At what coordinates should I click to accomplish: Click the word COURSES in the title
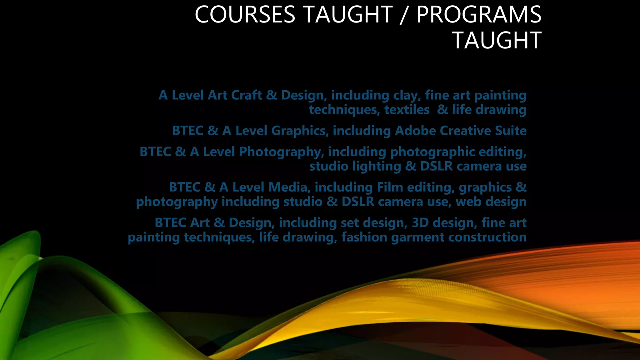point(245,15)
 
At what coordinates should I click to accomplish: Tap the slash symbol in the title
point(404,15)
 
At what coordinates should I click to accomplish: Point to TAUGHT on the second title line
point(497,41)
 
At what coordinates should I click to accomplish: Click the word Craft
point(247,95)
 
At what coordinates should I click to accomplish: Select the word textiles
point(407,110)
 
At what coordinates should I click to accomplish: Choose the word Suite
point(511,131)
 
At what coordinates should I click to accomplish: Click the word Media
point(288,187)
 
